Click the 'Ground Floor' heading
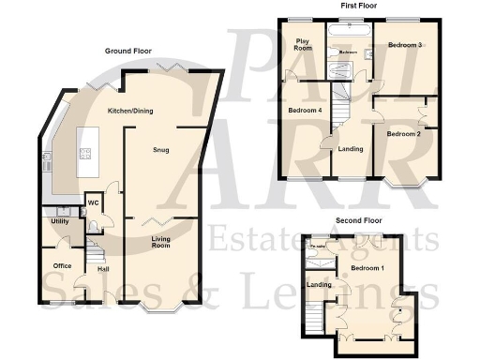129,51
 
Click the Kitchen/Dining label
131,112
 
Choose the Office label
63,266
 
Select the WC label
95,202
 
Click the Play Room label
303,44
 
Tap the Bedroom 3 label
406,45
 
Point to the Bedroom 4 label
303,111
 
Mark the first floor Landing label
351,148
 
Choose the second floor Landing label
319,285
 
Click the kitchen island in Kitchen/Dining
86,146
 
